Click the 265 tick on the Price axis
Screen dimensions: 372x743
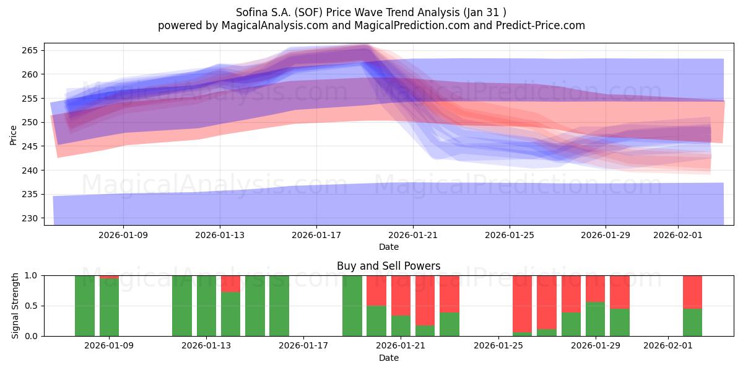[x=32, y=50]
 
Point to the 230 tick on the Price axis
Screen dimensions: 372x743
[x=32, y=218]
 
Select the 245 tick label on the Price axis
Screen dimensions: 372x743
[x=32, y=146]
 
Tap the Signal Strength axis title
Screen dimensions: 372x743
[x=15, y=306]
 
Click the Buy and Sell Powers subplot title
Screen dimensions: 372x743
[x=388, y=266]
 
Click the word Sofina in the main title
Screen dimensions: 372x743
[x=252, y=12]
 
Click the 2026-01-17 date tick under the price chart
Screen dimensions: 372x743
[x=316, y=235]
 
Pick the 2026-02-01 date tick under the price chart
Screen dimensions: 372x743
[x=678, y=235]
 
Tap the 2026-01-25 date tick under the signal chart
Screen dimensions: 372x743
[x=498, y=345]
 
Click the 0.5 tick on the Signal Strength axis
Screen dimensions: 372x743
[x=30, y=306]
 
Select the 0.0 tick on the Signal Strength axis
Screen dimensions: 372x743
[x=30, y=336]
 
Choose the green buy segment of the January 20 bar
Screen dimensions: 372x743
[x=376, y=321]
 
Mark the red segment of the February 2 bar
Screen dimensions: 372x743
[x=692, y=291]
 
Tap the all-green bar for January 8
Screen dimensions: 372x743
[x=85, y=306]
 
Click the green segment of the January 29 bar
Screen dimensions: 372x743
[x=595, y=319]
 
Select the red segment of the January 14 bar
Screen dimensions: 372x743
[x=230, y=283]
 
